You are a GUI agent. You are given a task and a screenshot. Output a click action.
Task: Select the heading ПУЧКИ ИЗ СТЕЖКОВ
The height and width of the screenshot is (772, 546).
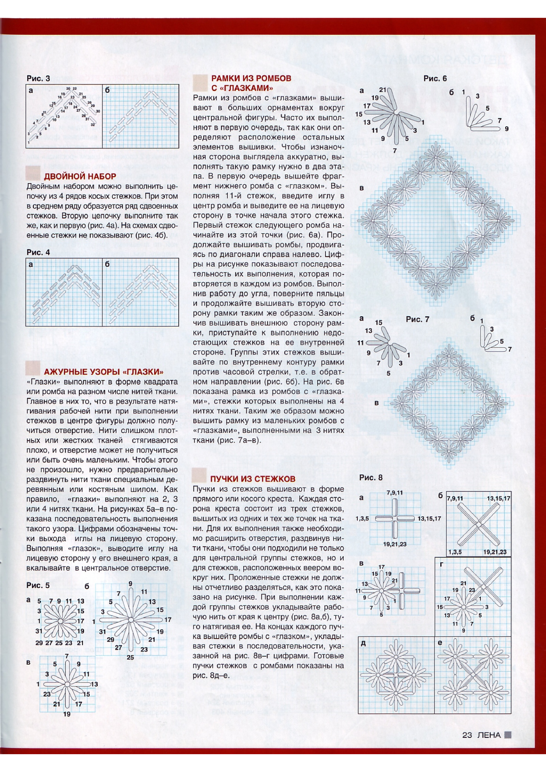pos(253,479)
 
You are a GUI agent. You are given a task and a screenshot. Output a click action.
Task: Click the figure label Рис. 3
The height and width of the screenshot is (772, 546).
pos(38,79)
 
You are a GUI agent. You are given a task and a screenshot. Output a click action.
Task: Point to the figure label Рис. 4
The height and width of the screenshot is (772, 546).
pos(38,252)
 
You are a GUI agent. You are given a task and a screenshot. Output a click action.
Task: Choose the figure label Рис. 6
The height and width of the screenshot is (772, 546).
pos(435,79)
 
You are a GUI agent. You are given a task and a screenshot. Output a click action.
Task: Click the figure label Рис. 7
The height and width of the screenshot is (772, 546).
pos(417,319)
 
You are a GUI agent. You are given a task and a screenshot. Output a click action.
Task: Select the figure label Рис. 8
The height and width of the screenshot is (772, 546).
pos(371,478)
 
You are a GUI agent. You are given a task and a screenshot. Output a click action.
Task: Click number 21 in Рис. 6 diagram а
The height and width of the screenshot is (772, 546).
pos(382,90)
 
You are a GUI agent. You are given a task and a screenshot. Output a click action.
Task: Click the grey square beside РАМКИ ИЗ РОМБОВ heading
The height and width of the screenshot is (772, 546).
pos(200,83)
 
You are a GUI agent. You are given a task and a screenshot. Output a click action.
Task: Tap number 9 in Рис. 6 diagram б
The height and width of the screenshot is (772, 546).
pos(507,129)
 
